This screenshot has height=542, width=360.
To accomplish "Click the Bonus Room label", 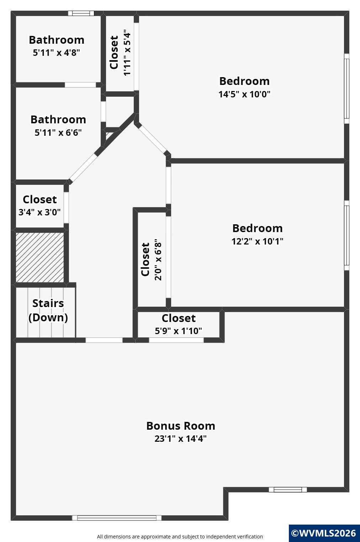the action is pos(181,426).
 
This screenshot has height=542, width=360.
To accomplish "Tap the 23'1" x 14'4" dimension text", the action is pos(181,439).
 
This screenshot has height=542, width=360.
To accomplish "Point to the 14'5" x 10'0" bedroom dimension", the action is pos(244,94).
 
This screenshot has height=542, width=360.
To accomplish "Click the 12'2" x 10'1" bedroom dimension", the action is pos(257,241).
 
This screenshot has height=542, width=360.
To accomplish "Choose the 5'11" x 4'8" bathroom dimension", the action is pos(57,52).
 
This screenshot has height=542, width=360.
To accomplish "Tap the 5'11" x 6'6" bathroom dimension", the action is pos(58,132).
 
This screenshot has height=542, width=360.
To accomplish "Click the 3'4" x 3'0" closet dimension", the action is pos(39,212).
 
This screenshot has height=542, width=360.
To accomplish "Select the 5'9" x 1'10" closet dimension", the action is pos(179,331).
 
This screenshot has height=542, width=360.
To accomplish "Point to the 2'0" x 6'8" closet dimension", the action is pos(158,260).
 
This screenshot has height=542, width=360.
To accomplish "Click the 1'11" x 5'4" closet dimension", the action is pos(127,53).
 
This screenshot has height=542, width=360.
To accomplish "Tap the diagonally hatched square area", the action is pos(40,257).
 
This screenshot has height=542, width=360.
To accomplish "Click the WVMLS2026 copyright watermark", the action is pos(324,533).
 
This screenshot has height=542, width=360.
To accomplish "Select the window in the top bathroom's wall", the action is pos(81,13).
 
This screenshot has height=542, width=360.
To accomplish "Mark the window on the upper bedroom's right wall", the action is pos(347,88).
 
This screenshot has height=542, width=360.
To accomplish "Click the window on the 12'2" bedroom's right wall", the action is pos(347,235).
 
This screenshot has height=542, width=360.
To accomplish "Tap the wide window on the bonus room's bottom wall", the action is pos(117,518).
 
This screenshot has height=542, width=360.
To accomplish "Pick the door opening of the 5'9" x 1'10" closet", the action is pos(176,340).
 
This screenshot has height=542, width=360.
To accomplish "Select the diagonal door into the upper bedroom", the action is pos(153,139).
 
